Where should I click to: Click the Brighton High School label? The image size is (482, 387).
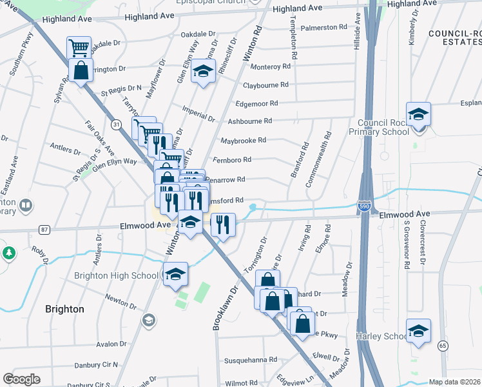pos(117,275)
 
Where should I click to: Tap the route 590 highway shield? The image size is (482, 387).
pos(364,206)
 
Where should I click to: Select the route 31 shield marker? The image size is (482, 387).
pos(115,123)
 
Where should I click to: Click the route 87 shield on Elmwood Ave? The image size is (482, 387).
pos(44,229)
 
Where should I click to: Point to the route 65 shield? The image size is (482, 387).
pos(442,346)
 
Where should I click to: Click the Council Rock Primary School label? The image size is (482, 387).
pos(384,127)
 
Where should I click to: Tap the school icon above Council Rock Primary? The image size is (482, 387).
pos(418,115)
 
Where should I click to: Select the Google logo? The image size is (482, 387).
pos(21,379)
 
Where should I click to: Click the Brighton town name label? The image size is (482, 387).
pos(65,309)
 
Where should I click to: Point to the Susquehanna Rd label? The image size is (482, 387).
pos(250,360)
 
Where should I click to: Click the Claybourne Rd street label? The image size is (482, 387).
pos(265,85)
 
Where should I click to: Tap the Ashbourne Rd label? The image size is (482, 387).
pos(250,121)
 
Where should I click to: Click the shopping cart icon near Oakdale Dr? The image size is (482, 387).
pos(79,47)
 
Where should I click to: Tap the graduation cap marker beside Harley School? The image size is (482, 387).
pos(418,331)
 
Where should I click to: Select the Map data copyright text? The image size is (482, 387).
pos(455,382)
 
